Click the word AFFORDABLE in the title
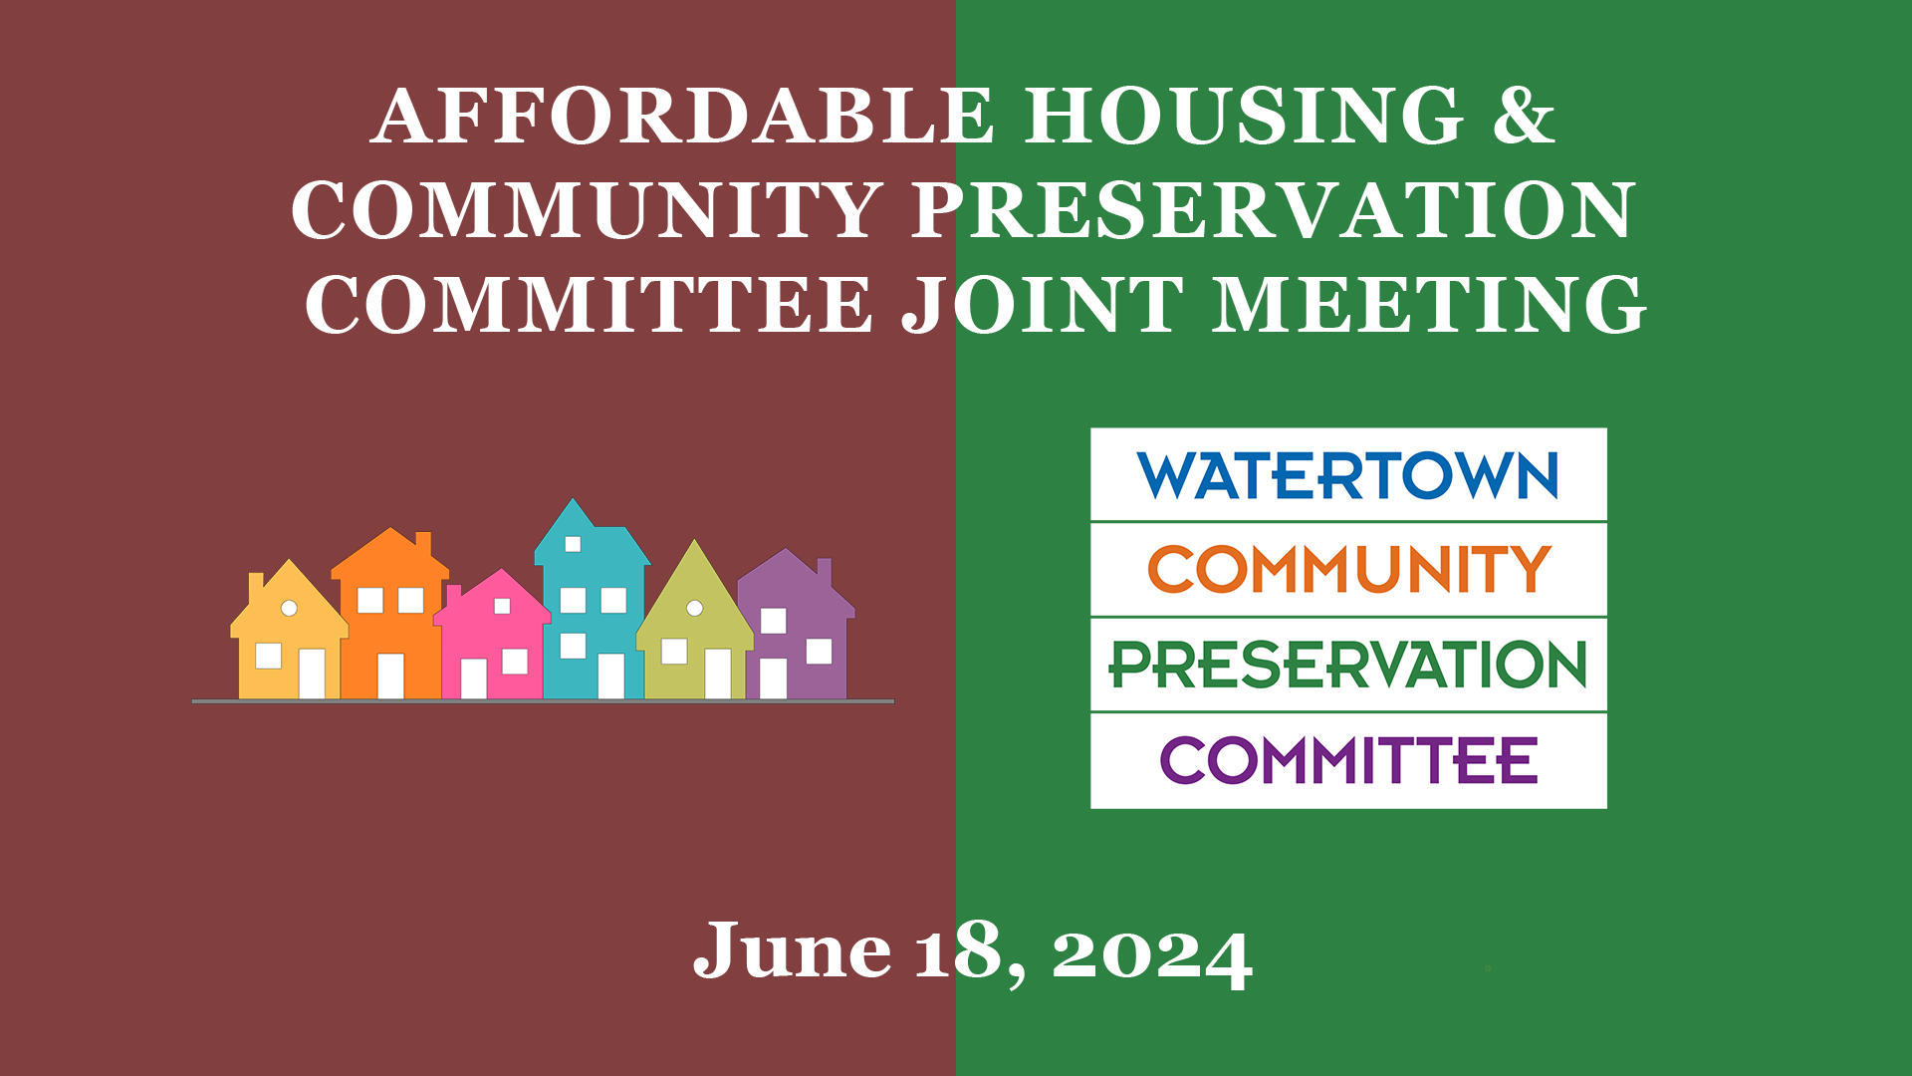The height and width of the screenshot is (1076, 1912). click(682, 116)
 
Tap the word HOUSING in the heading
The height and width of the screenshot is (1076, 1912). click(1245, 116)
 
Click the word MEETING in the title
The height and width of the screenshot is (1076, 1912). click(1429, 305)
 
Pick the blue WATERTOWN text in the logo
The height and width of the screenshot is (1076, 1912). click(1348, 475)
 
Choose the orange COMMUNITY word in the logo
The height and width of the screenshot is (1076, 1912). click(1349, 569)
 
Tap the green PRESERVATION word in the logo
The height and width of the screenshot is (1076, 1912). click(1348, 665)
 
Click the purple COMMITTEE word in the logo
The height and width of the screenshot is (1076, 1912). click(1349, 760)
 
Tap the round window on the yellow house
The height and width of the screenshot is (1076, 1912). click(289, 608)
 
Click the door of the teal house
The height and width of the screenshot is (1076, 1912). click(610, 676)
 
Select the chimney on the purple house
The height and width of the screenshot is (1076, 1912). click(825, 573)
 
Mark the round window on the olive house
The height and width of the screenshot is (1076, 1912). click(695, 608)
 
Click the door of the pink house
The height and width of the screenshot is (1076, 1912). click(473, 678)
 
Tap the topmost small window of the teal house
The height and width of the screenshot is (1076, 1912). click(573, 544)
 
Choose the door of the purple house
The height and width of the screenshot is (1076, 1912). click(773, 678)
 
